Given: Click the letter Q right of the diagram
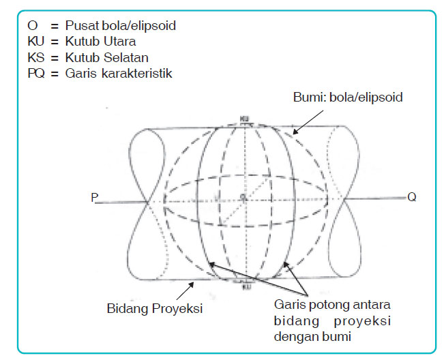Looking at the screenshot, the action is pyautogui.click(x=411, y=197).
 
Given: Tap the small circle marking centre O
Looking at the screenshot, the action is pyautogui.click(x=243, y=198).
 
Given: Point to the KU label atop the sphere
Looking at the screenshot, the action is pyautogui.click(x=244, y=117).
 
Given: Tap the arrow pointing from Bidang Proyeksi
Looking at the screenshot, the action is pyautogui.click(x=194, y=287).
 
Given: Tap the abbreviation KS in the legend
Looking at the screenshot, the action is pyautogui.click(x=35, y=57).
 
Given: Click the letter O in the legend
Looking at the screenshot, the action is pyautogui.click(x=32, y=26).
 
